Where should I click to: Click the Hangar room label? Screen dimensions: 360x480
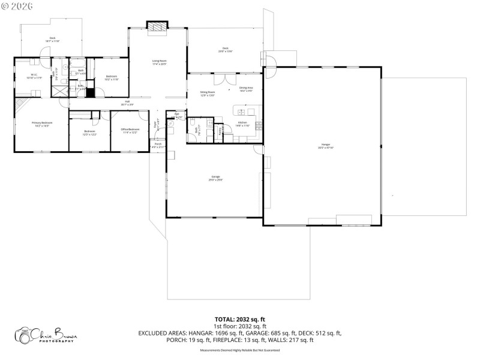[x=326, y=146]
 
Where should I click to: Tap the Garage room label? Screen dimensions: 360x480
[x=215, y=178]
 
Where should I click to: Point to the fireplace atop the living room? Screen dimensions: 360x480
[x=158, y=26]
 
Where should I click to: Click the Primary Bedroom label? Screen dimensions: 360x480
[x=41, y=124]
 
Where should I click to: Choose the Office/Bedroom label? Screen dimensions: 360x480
[x=131, y=130]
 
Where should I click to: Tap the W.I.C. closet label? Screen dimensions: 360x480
[x=31, y=76]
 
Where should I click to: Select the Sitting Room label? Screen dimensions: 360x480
[x=208, y=94]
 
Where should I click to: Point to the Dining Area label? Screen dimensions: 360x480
[x=246, y=89]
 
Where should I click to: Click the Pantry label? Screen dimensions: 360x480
[x=220, y=129]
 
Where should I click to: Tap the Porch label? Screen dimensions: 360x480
[x=158, y=145]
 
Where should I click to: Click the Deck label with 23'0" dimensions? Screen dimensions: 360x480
[x=226, y=50]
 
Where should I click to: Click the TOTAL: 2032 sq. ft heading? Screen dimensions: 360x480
[x=240, y=319]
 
